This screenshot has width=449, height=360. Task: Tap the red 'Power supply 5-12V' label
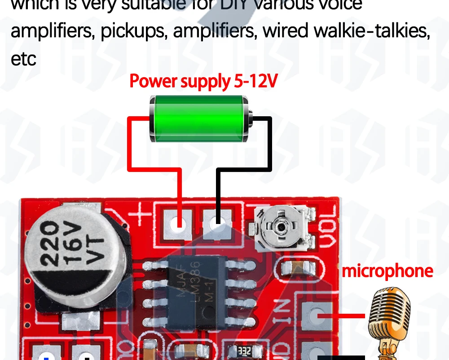(203, 82)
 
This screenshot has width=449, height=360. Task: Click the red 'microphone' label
(387, 271)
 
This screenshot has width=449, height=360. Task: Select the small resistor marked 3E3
(244, 351)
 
